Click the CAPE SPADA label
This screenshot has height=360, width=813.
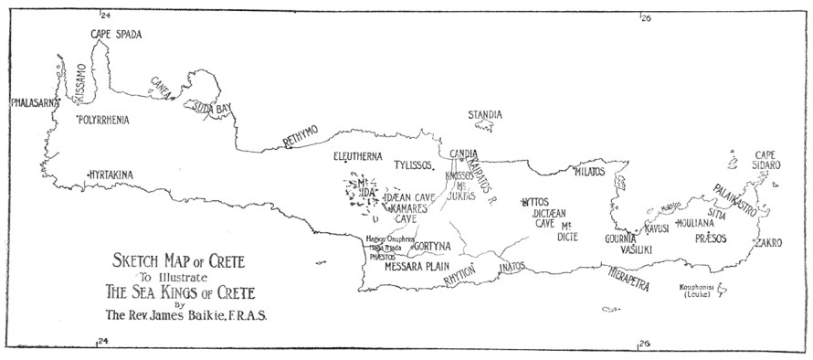tap(116, 35)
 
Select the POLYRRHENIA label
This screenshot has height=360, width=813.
tap(103, 120)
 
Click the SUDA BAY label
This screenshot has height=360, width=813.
tap(211, 108)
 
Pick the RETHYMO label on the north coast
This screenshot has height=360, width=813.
tap(301, 137)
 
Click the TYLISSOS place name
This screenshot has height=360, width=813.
tap(413, 166)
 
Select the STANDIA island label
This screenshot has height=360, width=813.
tap(484, 115)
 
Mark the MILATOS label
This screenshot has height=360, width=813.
tap(590, 171)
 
